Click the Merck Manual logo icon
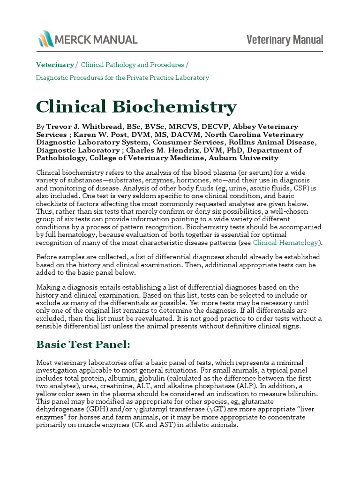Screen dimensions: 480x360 tap(45, 39)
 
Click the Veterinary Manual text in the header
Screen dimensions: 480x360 tap(285, 40)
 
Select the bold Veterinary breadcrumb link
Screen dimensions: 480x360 tap(55, 65)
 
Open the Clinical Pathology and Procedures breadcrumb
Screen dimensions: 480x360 tap(132, 65)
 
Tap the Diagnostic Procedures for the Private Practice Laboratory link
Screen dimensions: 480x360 tap(122, 77)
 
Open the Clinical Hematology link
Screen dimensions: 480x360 tap(285, 243)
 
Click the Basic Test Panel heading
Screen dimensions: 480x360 tap(82, 345)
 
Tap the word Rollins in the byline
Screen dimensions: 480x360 tap(245, 142)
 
